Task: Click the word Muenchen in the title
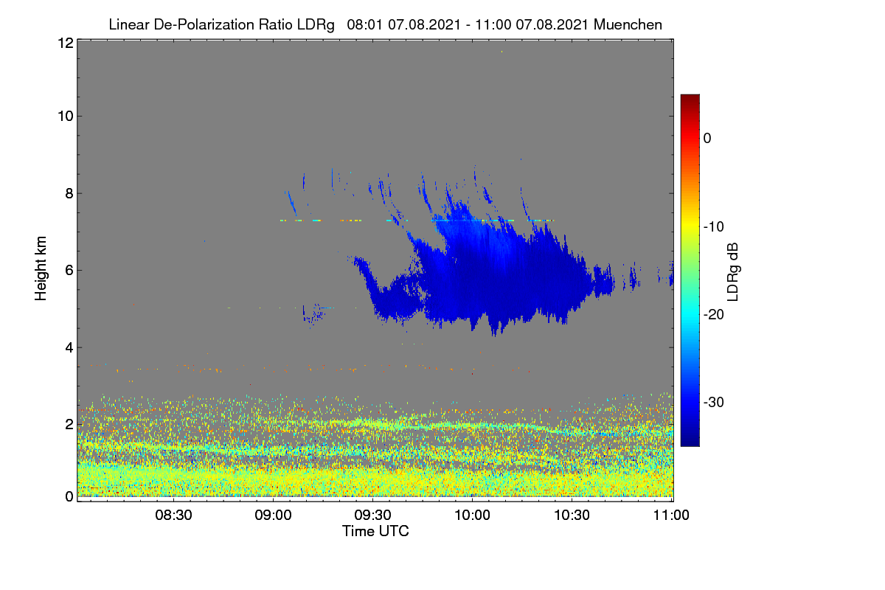pyautogui.click(x=628, y=24)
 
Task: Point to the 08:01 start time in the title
pyautogui.click(x=364, y=24)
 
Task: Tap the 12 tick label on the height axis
pyautogui.click(x=66, y=43)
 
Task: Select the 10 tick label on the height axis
pyautogui.click(x=66, y=117)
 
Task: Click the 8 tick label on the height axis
pyautogui.click(x=69, y=194)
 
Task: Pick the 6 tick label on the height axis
pyautogui.click(x=69, y=271)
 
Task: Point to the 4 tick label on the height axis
pyautogui.click(x=69, y=348)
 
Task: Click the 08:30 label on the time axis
pyautogui.click(x=173, y=515)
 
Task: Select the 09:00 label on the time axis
pyautogui.click(x=273, y=515)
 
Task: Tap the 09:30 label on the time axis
pyautogui.click(x=372, y=515)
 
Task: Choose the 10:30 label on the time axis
pyautogui.click(x=572, y=515)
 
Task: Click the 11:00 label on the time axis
pyautogui.click(x=671, y=515)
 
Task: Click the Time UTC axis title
pyautogui.click(x=375, y=531)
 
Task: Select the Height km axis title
pyautogui.click(x=41, y=268)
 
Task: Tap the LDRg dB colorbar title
pyautogui.click(x=732, y=272)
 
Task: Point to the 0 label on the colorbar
pyautogui.click(x=707, y=139)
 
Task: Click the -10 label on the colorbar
pyautogui.click(x=714, y=227)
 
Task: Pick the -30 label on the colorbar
pyautogui.click(x=714, y=402)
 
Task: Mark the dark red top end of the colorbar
pyautogui.click(x=690, y=96)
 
